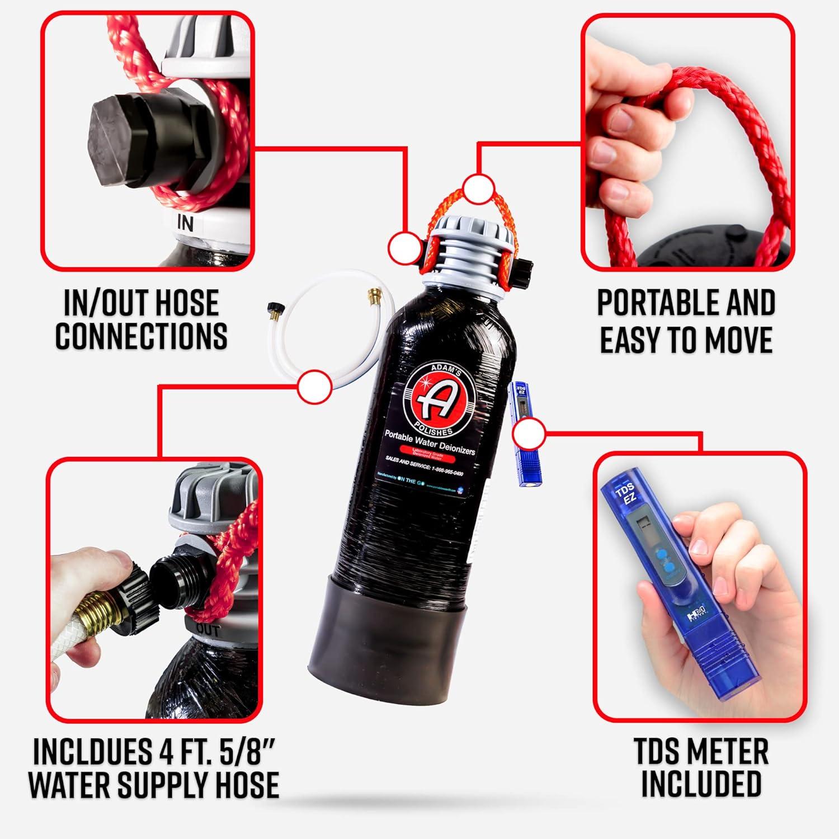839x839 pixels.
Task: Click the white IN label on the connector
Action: click(185, 223)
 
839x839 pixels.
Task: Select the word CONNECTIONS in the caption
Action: click(142, 336)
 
